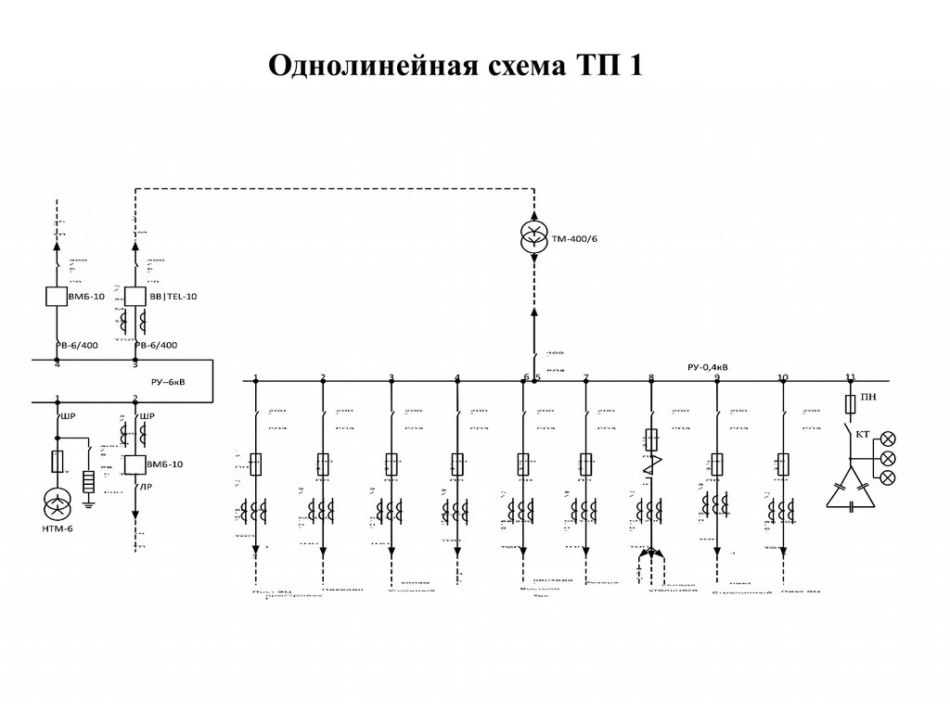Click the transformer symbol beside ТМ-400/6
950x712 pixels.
click(534, 236)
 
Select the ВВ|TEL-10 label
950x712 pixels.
click(173, 297)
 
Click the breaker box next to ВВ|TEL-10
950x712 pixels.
click(135, 297)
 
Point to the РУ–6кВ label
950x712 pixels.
click(168, 380)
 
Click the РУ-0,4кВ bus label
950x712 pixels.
click(708, 367)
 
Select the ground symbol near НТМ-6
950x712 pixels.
click(90, 504)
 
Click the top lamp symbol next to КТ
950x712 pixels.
click(887, 438)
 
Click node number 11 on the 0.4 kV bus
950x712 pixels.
click(850, 376)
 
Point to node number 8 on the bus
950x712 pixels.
click(650, 377)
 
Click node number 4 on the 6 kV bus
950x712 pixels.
click(58, 364)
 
